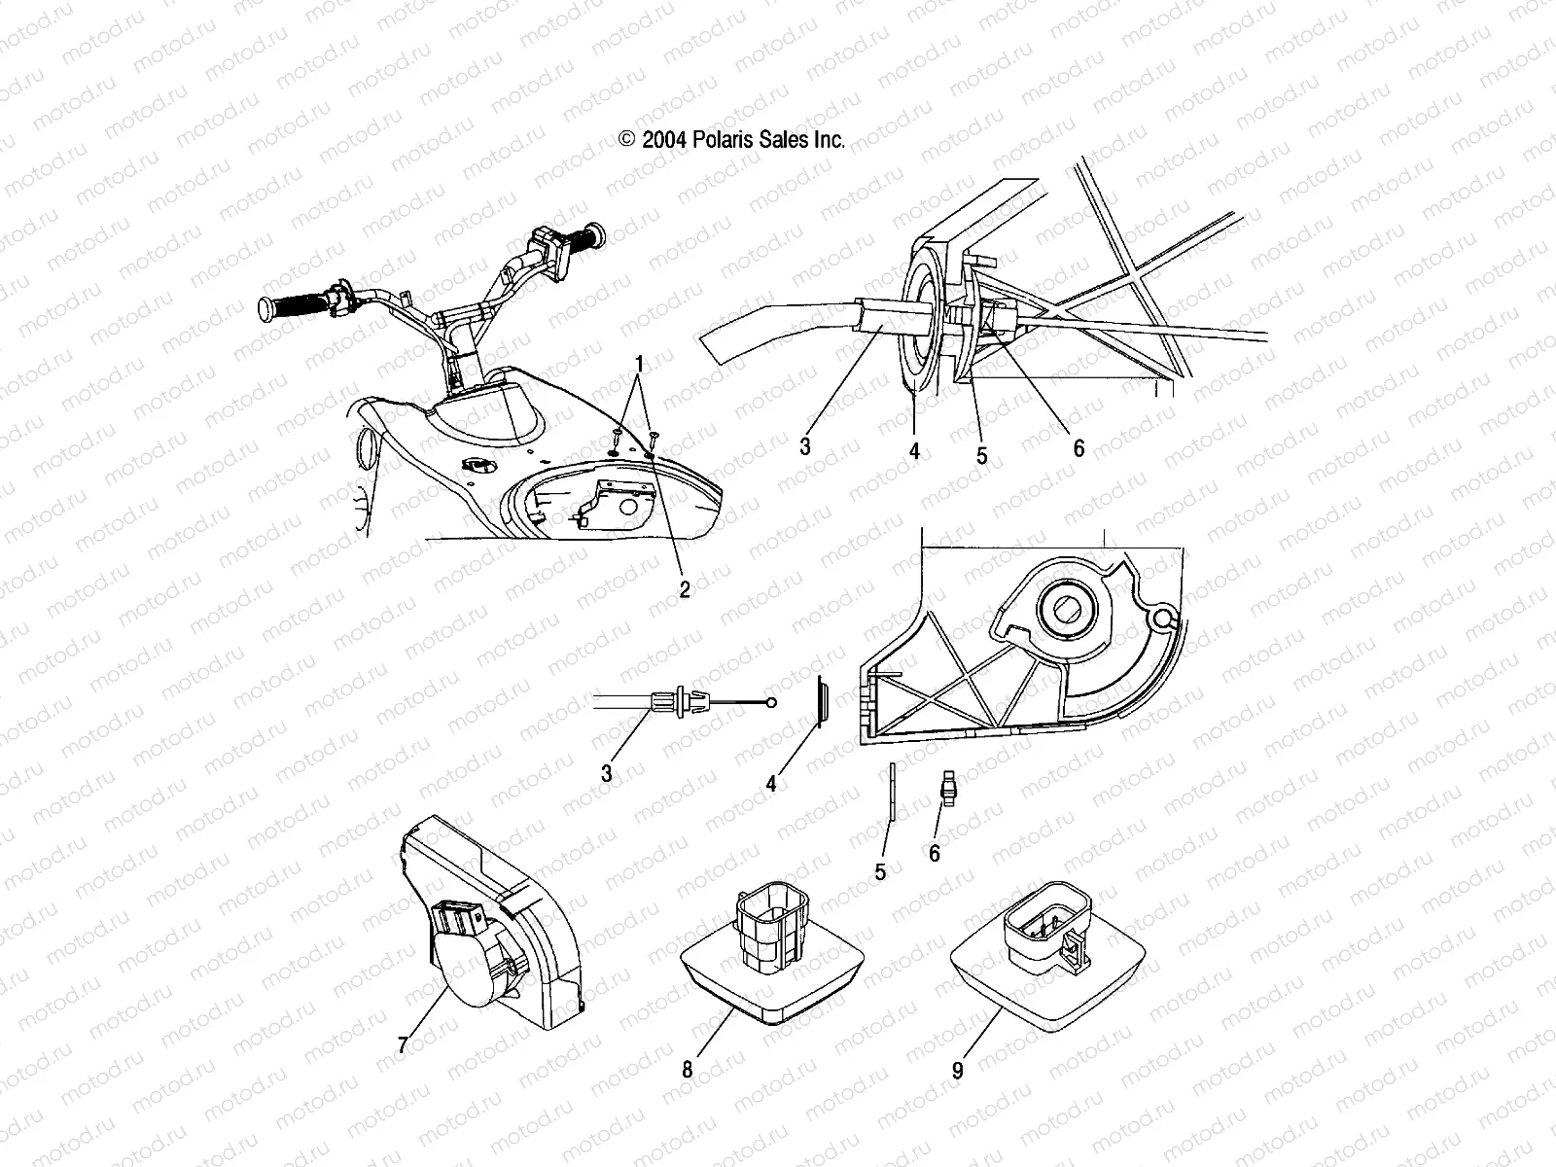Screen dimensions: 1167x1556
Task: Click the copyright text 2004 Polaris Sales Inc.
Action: (732, 139)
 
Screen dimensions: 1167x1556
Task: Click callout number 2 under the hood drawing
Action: (684, 590)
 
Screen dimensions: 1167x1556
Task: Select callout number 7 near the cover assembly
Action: (403, 1045)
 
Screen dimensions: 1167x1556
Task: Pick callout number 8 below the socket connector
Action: (688, 1070)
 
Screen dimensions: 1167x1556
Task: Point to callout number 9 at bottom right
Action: (958, 1071)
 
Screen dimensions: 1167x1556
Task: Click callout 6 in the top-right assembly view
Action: (1078, 448)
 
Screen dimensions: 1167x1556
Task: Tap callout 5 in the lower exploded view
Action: (880, 872)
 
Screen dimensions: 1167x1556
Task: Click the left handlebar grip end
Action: (265, 309)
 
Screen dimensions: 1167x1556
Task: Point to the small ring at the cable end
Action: (771, 701)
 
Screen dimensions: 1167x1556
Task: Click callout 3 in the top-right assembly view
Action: (805, 446)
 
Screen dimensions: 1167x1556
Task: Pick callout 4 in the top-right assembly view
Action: (914, 451)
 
